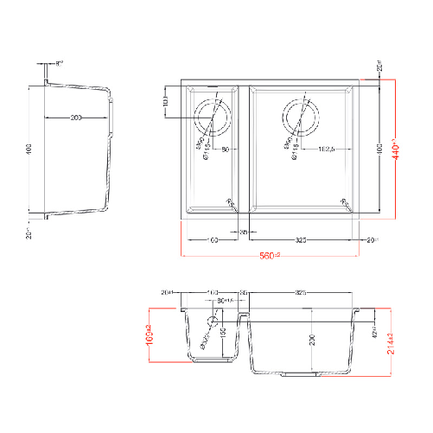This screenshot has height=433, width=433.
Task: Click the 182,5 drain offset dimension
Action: coord(326,151)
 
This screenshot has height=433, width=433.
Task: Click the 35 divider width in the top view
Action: coord(244,232)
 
